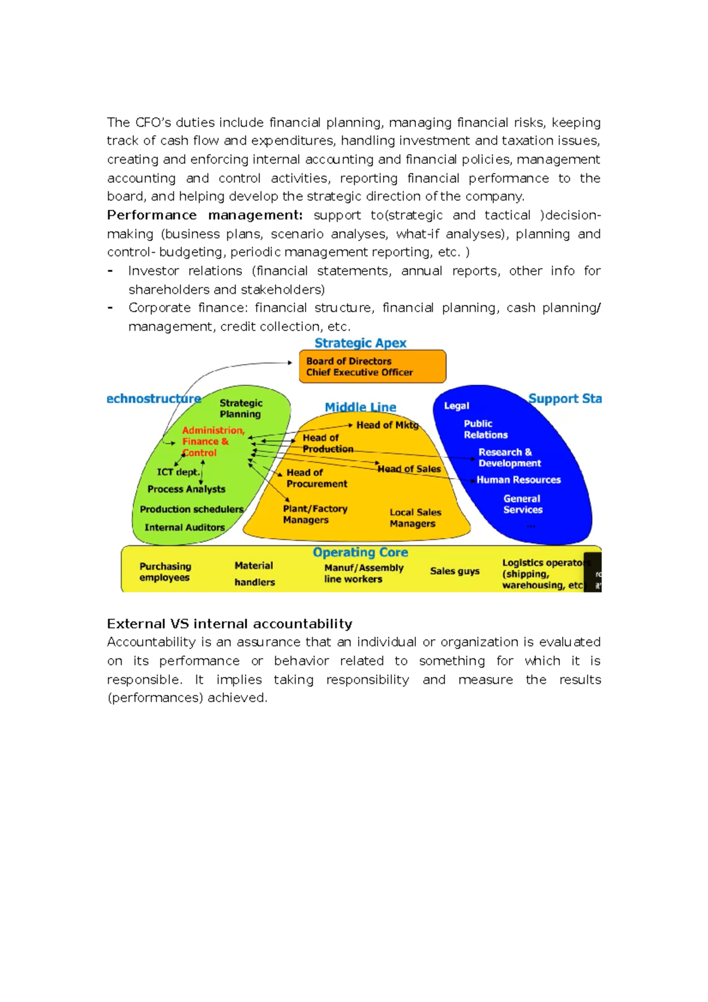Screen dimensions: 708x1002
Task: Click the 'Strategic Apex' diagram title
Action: tap(360, 343)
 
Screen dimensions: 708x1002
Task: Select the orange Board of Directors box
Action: tap(372, 366)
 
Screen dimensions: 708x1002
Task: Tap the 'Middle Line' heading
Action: tap(360, 407)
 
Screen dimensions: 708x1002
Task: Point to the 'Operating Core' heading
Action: tap(360, 552)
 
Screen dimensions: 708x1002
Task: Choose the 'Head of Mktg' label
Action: tap(387, 425)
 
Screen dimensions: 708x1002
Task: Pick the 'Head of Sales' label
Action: tap(409, 469)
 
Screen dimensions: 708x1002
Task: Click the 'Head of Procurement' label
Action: tap(316, 478)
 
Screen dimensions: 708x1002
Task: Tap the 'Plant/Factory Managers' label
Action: tap(314, 514)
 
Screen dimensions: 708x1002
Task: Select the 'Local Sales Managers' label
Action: tap(415, 518)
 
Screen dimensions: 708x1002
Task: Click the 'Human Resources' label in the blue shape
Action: tap(518, 480)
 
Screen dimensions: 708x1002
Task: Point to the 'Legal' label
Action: tap(456, 405)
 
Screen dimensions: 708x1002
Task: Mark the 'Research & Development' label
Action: tap(509, 457)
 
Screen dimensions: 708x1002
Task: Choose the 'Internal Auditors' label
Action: tap(184, 528)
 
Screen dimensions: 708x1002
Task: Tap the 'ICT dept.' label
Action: tap(178, 472)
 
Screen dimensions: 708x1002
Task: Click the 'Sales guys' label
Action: tap(454, 571)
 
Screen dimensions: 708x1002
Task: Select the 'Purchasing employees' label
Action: tap(165, 572)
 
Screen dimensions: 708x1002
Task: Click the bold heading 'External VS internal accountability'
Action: tap(230, 624)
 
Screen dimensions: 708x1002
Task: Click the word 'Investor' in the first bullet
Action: tap(153, 271)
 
